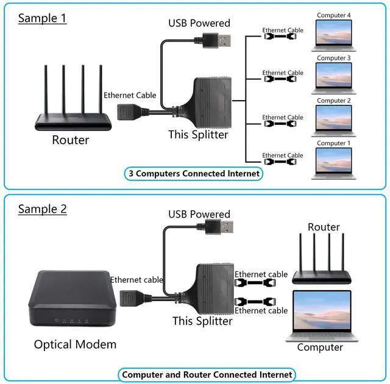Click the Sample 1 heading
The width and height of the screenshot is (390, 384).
pos(42,18)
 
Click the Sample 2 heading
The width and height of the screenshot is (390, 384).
pos(42,209)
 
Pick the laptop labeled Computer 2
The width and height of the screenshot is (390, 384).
pos(334,122)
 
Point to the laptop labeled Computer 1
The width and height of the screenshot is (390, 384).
pos(334,164)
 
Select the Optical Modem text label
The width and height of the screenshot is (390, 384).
pos(75,345)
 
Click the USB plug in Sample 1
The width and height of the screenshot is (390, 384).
pos(221,41)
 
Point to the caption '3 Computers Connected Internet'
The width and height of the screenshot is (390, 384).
pos(194,174)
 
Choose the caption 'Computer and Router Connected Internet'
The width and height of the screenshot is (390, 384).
pos(207,375)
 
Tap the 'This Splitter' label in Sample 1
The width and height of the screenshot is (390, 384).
pos(198,135)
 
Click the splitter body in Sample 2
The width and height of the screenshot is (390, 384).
pos(213,286)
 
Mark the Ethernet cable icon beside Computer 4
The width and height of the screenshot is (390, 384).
pos(283,37)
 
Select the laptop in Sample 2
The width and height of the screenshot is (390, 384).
pos(321,315)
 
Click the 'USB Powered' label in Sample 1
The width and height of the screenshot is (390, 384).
pos(199,23)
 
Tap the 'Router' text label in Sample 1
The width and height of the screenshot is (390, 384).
pos(70,140)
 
